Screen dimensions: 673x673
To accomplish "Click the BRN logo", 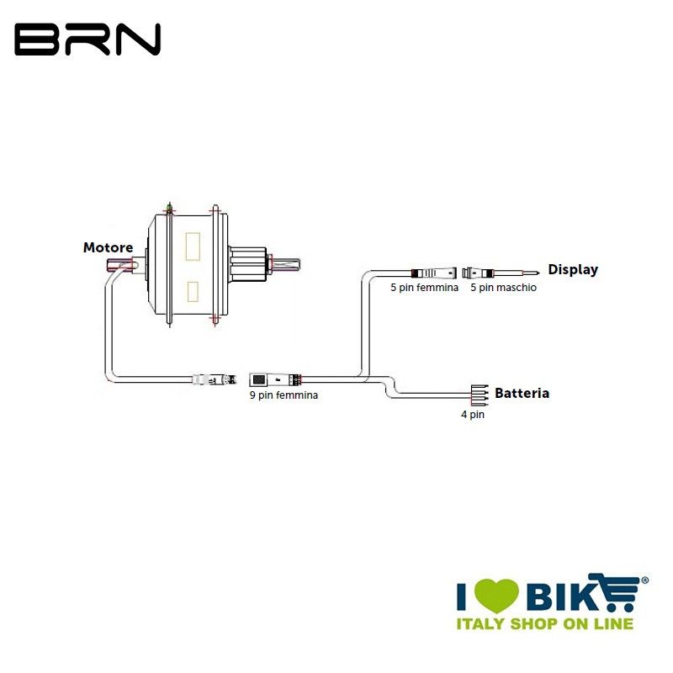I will coord(87,40).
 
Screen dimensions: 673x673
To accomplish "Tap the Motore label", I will coord(108,247).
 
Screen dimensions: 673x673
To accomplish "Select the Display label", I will coord(573,269).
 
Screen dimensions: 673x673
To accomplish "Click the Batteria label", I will coord(522,393).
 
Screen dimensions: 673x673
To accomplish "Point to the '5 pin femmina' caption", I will coord(425,288).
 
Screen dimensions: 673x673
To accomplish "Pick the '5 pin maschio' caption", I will coord(503,288).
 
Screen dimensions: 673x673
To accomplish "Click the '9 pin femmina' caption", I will coord(284,395).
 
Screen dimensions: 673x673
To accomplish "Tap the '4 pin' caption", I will coord(472,414).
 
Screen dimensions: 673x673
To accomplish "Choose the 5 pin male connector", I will coord(481,273).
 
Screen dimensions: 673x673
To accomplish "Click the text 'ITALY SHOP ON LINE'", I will coord(544,623).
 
